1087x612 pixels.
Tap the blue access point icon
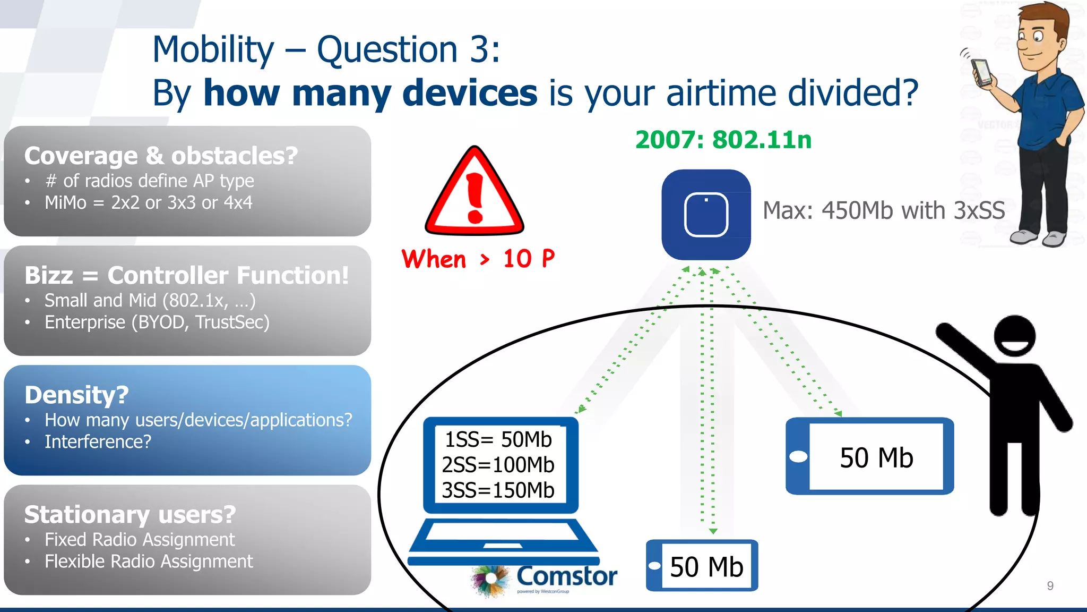point(706,215)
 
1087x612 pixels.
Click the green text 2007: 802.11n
point(723,140)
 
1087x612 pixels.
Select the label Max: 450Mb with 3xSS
point(883,211)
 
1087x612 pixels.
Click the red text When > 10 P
point(478,259)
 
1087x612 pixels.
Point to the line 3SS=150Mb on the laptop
point(498,490)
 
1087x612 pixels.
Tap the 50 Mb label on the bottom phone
point(706,567)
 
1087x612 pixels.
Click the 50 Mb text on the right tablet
point(876,458)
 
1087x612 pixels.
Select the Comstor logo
point(544,579)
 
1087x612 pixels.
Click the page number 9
point(1050,585)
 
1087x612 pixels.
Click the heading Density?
point(76,395)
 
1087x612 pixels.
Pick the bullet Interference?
point(98,442)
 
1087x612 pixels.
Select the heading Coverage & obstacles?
point(161,156)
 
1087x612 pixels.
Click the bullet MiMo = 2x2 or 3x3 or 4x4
point(148,203)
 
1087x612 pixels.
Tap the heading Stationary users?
point(130,515)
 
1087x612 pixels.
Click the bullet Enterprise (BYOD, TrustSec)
point(157,322)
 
